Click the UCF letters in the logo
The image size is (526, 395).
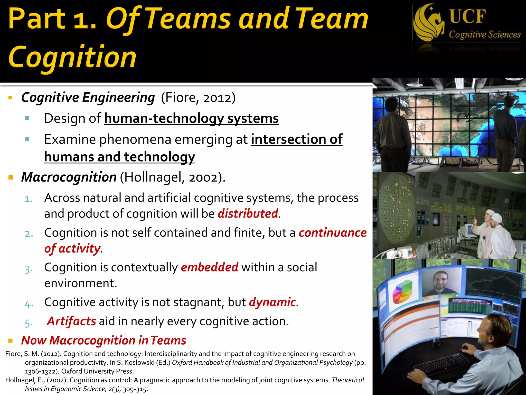tap(467, 16)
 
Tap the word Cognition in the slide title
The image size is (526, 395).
tap(72, 57)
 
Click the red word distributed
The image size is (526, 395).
tap(248, 214)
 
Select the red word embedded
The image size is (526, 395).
tap(210, 267)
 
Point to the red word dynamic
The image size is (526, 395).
tap(273, 302)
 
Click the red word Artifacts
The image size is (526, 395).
tap(72, 321)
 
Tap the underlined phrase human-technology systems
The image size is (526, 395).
tap(191, 119)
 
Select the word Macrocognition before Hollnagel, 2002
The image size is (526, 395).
tap(69, 177)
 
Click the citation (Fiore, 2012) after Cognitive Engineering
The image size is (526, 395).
tap(198, 98)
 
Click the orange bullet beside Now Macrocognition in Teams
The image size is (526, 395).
tap(11, 341)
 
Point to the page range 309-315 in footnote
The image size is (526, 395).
tap(135, 389)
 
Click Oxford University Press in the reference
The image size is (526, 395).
tap(97, 371)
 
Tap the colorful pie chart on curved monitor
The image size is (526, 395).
tap(403, 292)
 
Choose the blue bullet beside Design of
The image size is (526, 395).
tap(27, 119)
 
